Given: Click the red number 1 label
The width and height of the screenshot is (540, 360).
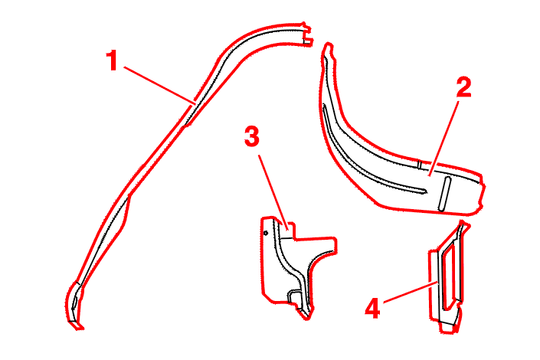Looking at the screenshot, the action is (x=112, y=61).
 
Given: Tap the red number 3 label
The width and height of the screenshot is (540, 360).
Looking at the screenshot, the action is (x=252, y=136).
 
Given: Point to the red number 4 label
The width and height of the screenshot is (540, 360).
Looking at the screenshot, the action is (x=372, y=309).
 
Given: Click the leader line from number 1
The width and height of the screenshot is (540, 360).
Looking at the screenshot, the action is (x=160, y=85).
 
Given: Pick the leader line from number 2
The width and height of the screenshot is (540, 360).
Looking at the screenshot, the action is (x=444, y=139).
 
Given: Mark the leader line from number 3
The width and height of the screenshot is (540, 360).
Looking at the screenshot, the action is (x=273, y=192).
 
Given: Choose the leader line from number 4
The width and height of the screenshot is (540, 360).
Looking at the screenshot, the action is (x=411, y=293).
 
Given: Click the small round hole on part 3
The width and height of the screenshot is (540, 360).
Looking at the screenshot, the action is (x=266, y=233).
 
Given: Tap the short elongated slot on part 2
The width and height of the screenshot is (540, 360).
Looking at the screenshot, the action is (x=444, y=194).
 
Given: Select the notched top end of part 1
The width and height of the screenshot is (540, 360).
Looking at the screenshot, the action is (x=306, y=34).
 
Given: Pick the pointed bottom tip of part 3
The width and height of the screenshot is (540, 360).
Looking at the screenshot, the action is (x=306, y=318).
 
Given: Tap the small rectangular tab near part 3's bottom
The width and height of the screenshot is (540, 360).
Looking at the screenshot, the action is (x=294, y=297).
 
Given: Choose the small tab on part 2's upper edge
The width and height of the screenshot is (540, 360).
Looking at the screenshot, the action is (x=420, y=165).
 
